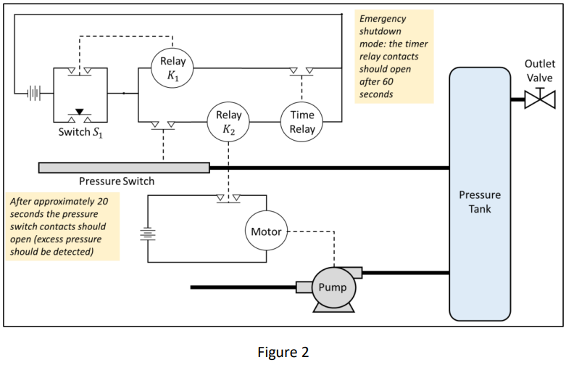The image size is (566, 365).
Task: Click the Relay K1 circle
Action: tap(172, 67)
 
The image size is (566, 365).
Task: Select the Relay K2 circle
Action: tap(228, 123)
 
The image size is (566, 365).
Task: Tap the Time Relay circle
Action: tap(302, 123)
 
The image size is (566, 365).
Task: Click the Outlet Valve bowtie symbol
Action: tap(539, 98)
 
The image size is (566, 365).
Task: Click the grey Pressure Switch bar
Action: tap(124, 168)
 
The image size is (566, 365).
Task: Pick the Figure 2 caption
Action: tap(283, 352)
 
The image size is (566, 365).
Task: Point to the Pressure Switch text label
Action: tap(117, 180)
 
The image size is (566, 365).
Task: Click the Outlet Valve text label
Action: tap(539, 71)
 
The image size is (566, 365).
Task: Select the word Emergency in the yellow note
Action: tap(383, 18)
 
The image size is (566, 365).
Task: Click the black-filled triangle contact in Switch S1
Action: tap(80, 112)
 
